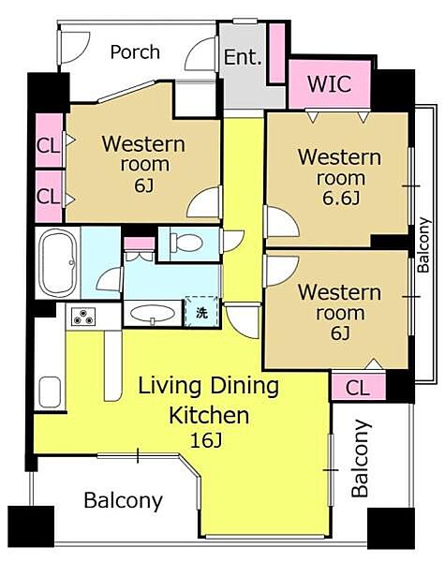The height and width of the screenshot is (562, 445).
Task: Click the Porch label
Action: click(x=135, y=52)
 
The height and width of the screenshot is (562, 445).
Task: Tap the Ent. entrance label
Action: click(x=243, y=57)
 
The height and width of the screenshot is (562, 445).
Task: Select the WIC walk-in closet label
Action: click(x=329, y=84)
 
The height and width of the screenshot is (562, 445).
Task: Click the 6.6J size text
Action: click(x=341, y=199)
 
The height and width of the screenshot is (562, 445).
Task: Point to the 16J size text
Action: click(x=206, y=441)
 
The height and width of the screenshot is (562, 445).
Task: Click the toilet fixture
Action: click(x=186, y=243)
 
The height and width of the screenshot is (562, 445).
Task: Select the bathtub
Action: click(x=58, y=262)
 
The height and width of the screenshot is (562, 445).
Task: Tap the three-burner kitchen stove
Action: click(x=83, y=317)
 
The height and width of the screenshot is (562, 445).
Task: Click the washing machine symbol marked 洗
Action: click(x=201, y=312)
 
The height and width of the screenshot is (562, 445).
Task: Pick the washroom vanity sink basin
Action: click(x=153, y=314)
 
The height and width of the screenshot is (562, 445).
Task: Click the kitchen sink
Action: click(x=50, y=392)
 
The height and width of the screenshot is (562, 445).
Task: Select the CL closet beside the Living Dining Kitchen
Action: click(x=358, y=388)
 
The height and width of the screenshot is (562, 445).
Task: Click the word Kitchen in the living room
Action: click(x=209, y=415)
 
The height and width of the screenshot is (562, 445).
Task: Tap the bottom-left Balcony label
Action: click(x=123, y=500)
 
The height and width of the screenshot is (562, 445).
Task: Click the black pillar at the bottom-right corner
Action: click(x=391, y=528)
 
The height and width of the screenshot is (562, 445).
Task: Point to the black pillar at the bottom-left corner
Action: click(x=31, y=526)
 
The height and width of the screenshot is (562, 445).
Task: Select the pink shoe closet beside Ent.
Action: click(x=276, y=53)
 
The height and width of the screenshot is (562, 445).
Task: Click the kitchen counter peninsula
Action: click(x=113, y=365)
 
